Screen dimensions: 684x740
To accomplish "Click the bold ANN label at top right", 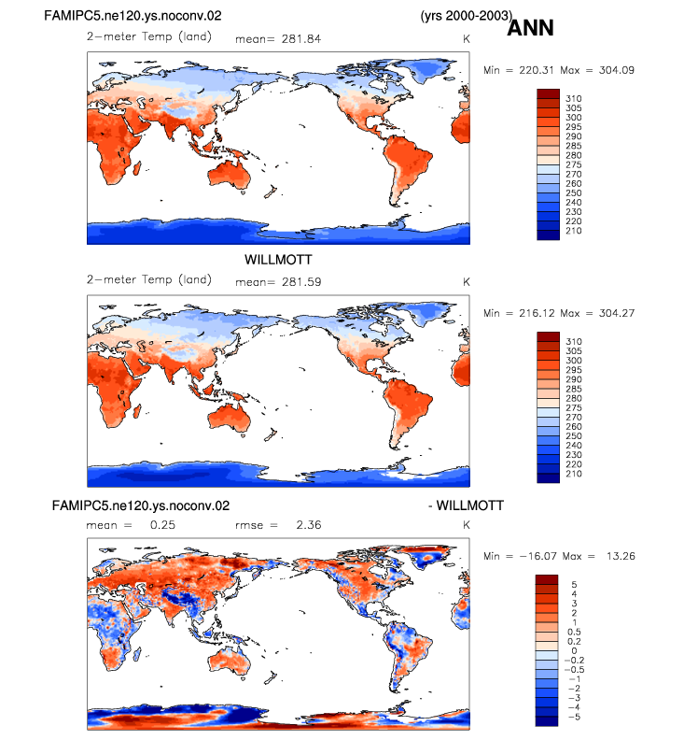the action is click(x=530, y=28).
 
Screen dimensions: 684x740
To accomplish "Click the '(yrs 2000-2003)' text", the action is click(x=467, y=16).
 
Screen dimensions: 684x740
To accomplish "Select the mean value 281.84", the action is click(x=301, y=39).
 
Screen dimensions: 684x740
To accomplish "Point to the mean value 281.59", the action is click(x=301, y=282).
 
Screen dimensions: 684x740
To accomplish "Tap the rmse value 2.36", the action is click(x=309, y=525).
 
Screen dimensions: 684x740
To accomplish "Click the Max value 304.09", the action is click(x=617, y=70).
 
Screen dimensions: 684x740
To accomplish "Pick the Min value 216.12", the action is click(x=537, y=313).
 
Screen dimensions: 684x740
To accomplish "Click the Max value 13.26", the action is click(x=621, y=557).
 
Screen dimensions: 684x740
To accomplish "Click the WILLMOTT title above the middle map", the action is click(x=278, y=260).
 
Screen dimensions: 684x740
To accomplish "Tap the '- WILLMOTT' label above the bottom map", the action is click(x=466, y=505).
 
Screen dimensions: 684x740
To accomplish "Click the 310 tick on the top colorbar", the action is click(x=574, y=99).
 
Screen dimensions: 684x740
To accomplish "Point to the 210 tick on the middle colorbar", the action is click(x=574, y=474).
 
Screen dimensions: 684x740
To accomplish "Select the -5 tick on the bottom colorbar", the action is click(x=574, y=717).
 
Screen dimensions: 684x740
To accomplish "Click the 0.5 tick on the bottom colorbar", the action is click(x=574, y=632).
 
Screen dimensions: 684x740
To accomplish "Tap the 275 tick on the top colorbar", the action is click(x=574, y=164).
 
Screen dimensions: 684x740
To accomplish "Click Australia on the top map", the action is click(x=230, y=174).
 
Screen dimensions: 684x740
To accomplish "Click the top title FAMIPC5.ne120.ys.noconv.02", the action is click(x=133, y=16).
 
